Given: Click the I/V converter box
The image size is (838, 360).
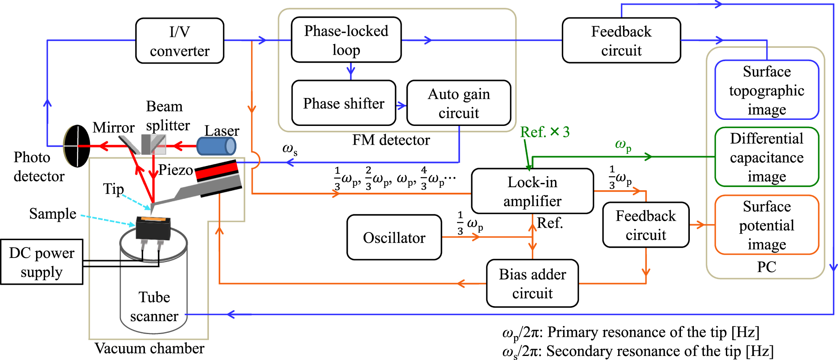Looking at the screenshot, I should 179,41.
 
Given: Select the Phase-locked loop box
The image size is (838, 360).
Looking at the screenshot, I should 346,40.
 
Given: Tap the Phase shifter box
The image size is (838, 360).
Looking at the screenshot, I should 344,103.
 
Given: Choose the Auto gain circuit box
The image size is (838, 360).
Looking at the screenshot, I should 459,103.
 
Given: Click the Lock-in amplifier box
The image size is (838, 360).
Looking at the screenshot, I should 532,191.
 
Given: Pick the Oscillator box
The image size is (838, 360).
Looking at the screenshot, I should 394,238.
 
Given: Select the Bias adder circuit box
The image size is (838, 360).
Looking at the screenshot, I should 532,283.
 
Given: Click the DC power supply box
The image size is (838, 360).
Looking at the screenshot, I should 41,262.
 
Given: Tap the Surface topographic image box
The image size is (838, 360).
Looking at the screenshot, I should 766,90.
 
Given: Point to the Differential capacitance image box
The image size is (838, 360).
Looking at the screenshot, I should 766,157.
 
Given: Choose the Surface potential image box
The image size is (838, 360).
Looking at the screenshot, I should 766,225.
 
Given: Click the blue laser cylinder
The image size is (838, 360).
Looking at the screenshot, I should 216,146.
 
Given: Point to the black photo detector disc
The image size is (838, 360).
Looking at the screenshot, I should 77,146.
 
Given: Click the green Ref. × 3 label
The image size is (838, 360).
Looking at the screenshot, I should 544,132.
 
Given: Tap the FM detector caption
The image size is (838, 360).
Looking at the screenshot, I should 391,140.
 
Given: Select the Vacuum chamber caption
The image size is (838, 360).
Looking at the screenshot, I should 149,349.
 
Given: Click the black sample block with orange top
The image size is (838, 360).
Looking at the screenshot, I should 153,228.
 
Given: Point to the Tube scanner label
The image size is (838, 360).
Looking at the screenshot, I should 154,307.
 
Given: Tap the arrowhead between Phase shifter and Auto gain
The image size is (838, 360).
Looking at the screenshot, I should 402,106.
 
